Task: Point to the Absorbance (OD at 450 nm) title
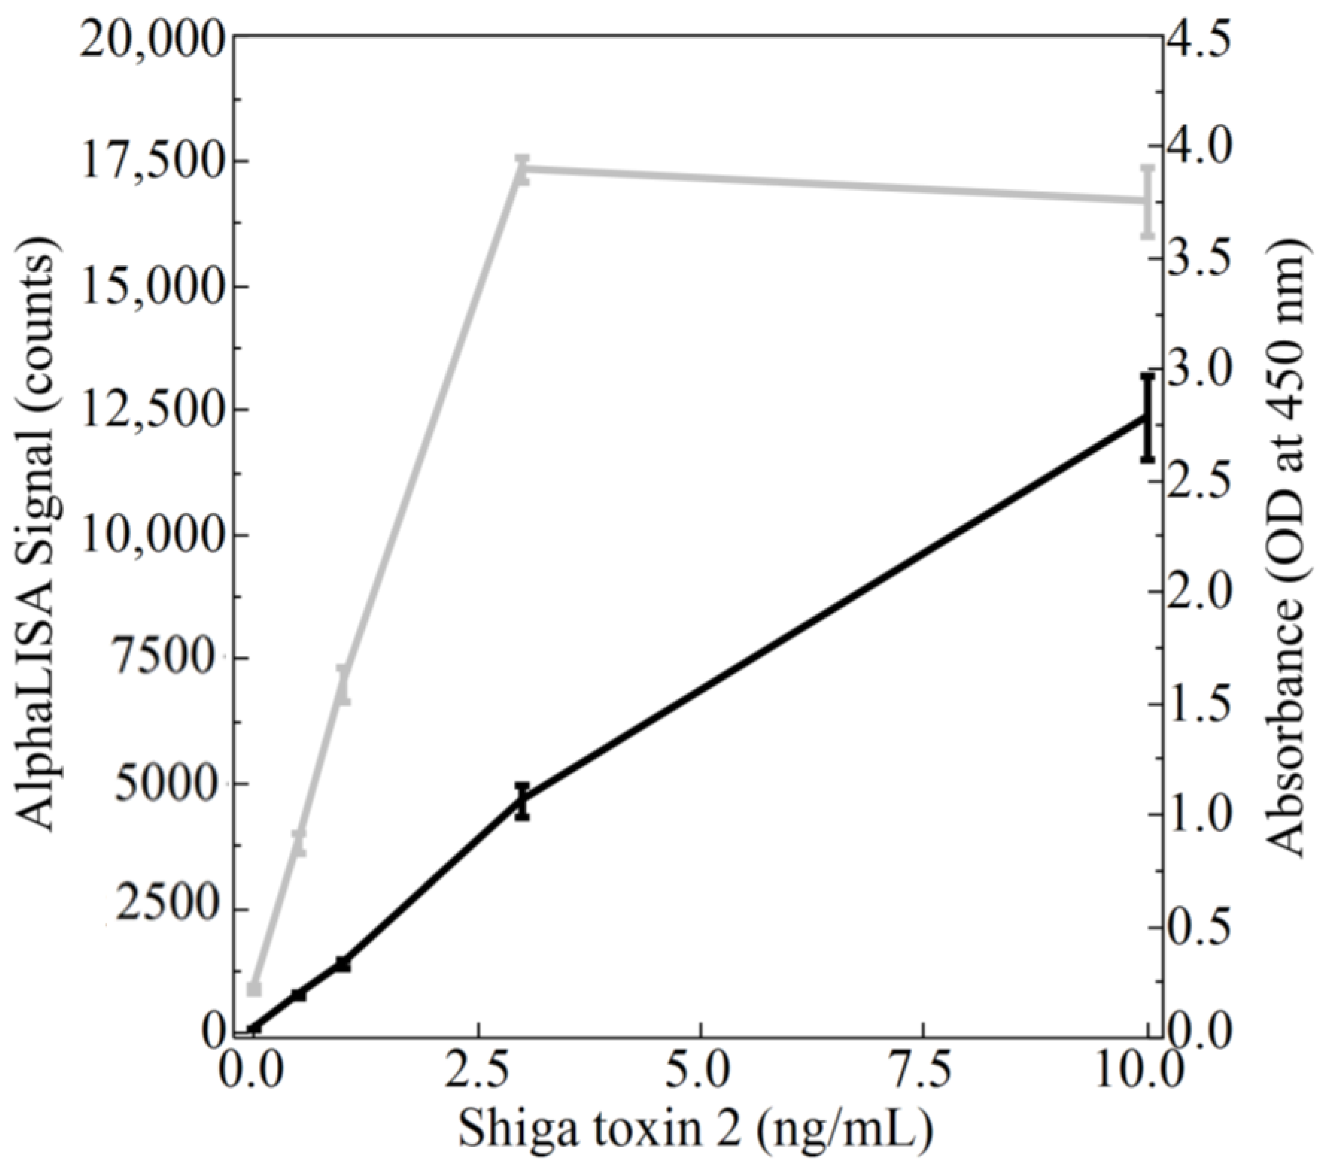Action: (1289, 548)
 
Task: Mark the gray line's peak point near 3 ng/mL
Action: (523, 170)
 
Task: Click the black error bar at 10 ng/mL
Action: (1147, 417)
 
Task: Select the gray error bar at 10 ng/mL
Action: (1147, 201)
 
